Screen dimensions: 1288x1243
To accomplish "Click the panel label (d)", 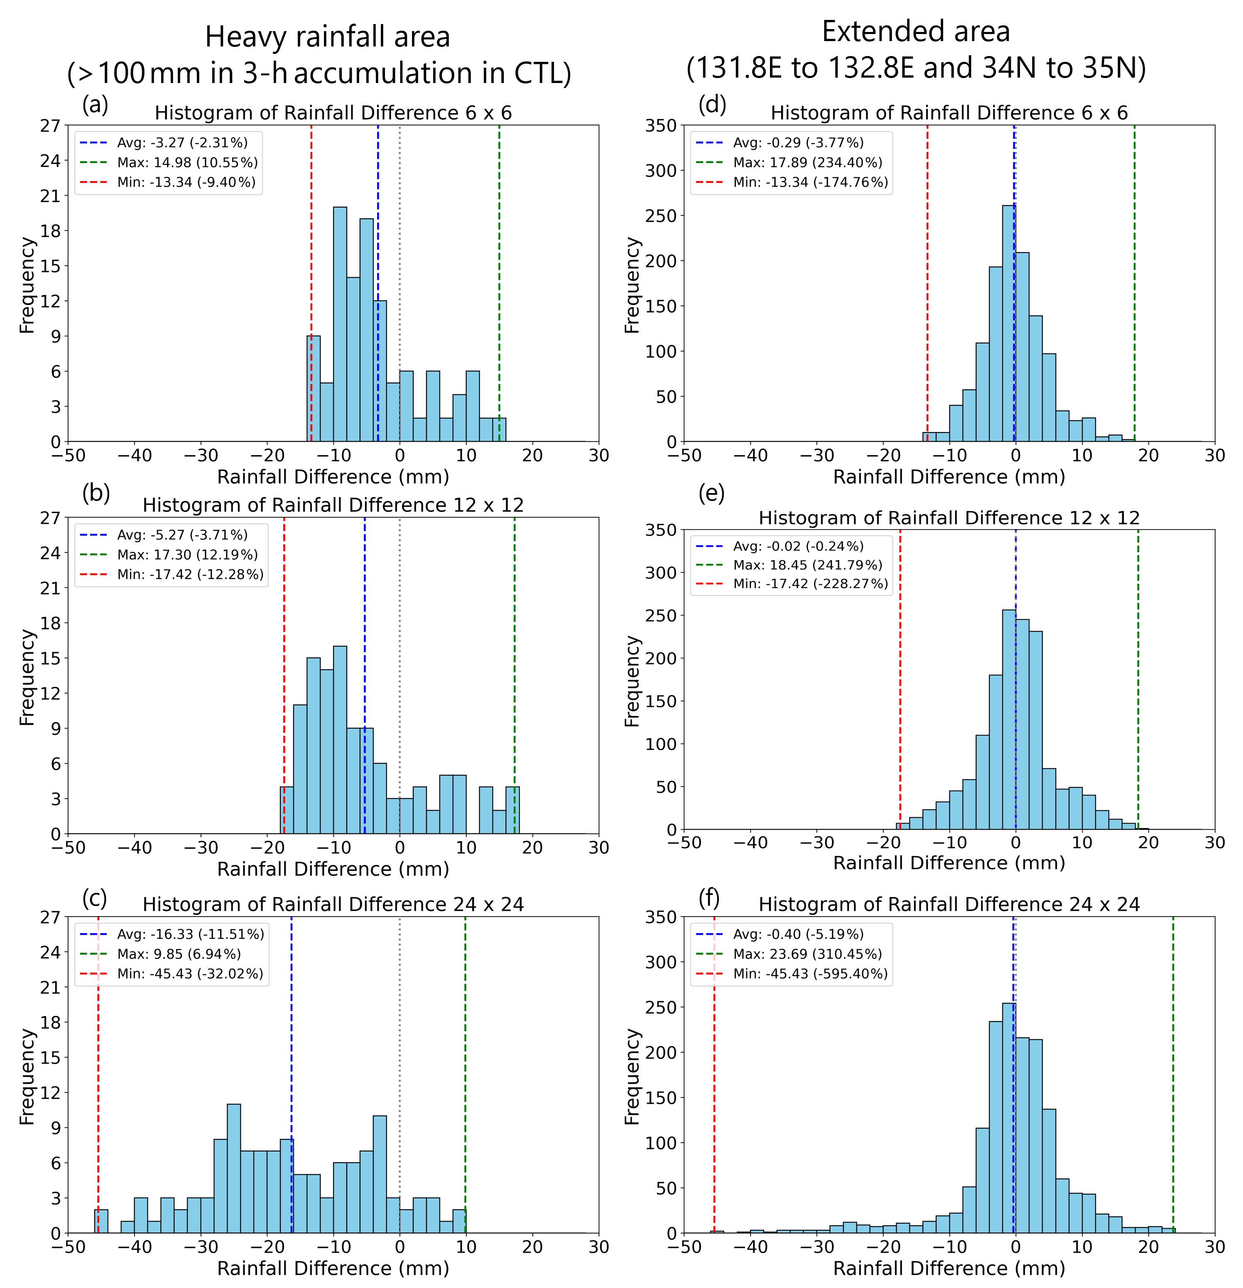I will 712,105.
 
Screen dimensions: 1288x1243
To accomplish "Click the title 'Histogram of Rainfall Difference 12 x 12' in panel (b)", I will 333,505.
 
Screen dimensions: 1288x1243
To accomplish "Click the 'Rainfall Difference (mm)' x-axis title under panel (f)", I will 949,1269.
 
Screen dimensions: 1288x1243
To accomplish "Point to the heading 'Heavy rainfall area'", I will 327,37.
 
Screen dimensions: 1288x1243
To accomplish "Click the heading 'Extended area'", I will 916,32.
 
